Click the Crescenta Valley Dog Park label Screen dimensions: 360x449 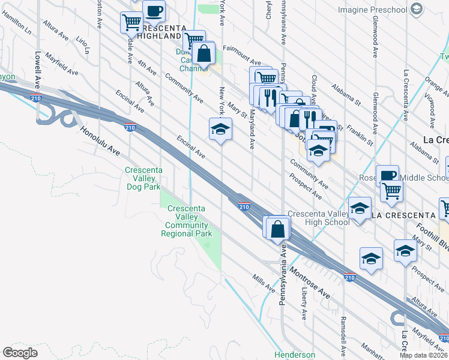point(143,178)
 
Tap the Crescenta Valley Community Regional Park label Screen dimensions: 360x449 point(186,221)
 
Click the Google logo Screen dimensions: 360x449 point(20,353)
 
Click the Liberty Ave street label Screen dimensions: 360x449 point(305,306)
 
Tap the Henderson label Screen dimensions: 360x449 point(295,355)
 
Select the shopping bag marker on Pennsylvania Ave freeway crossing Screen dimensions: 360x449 point(278,229)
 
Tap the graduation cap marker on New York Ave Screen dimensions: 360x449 point(220,130)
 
